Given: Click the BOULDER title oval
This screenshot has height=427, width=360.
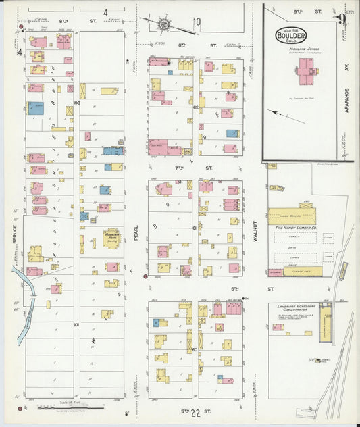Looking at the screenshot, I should coord(290,35).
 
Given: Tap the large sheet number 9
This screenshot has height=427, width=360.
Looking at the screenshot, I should coord(343,18).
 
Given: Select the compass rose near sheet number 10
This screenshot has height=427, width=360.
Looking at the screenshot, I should coord(164,25).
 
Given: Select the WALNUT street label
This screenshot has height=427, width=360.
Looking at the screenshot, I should coord(256,230).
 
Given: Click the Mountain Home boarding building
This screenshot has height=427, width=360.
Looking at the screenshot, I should coord(111,237).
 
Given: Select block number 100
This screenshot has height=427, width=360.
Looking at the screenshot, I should coord(76,103).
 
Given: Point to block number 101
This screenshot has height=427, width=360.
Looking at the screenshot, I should coord(76,324).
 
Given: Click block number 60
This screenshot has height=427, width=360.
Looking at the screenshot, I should coord(194,349).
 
